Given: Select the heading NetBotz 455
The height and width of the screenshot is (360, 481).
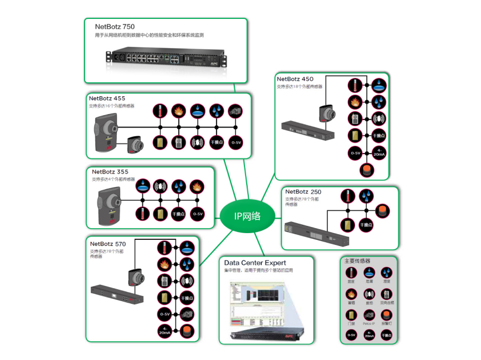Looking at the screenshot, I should tap(107, 98).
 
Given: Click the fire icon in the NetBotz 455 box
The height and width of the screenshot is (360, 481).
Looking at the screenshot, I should tap(178, 110).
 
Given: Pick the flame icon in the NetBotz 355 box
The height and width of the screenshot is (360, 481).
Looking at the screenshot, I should tap(196, 186).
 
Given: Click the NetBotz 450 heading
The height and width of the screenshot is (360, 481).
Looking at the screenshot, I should tap(295, 79).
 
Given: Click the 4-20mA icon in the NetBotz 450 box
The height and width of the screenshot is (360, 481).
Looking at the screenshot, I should tap(379, 152).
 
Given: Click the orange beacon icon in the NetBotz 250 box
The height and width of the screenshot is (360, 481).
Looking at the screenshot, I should tap(385, 209).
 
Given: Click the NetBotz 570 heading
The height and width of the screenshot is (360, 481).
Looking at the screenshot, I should tap(109, 244).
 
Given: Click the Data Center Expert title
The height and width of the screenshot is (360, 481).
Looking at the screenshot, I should tap(255, 263).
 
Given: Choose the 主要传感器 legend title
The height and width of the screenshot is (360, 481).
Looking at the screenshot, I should tap(357, 261).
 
